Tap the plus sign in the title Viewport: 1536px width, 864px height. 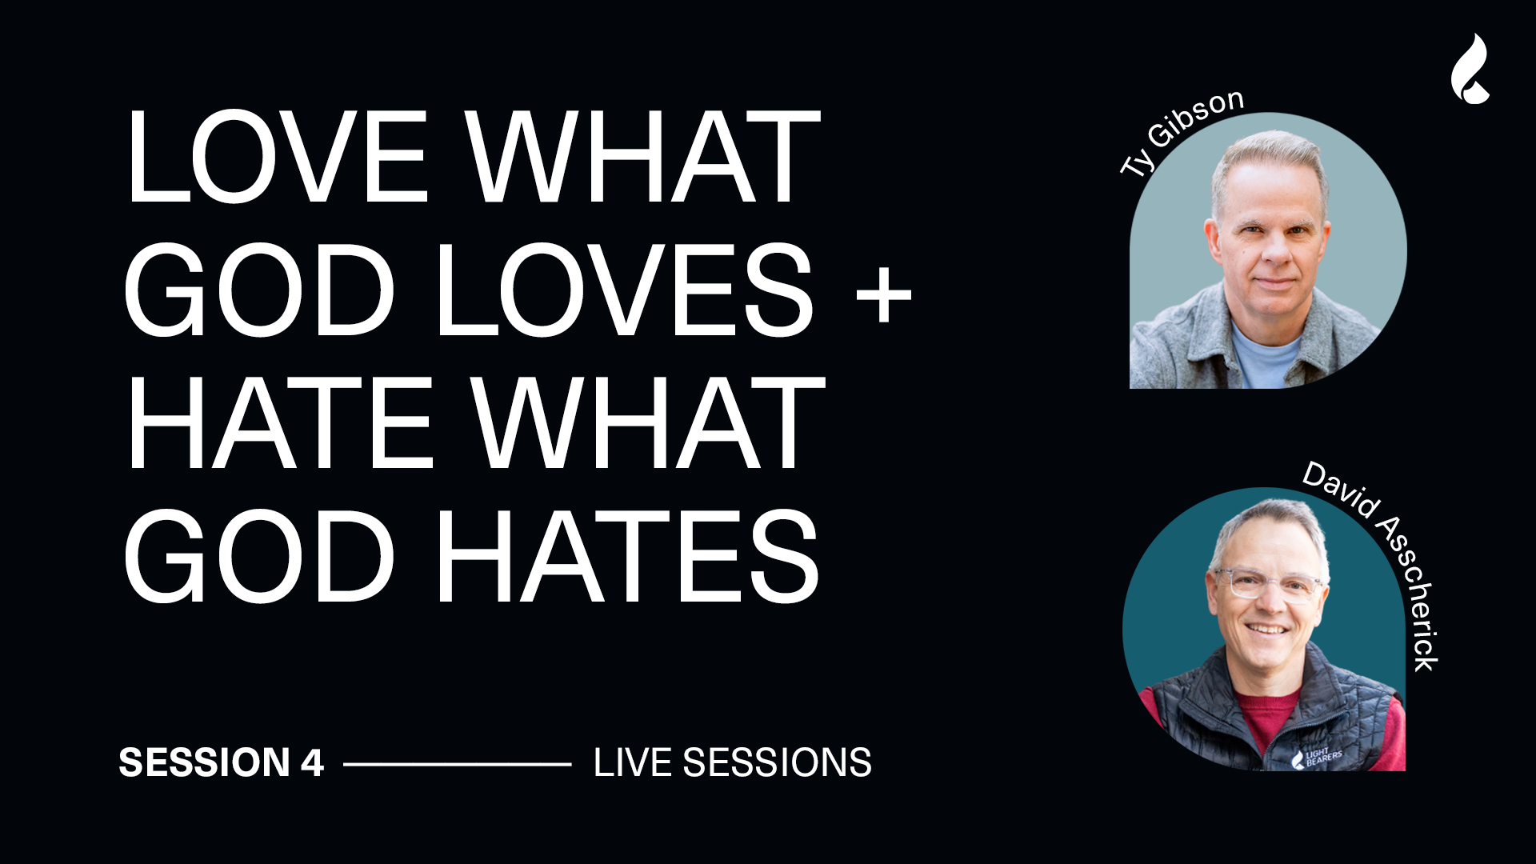pos(883,293)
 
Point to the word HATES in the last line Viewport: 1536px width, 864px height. pos(630,556)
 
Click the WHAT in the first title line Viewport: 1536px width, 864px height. pos(643,157)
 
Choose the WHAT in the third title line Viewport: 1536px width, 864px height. pos(647,422)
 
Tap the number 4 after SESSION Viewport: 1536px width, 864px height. pos(312,762)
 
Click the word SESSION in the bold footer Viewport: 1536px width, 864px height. pos(204,762)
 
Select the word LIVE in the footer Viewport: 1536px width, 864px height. pos(632,762)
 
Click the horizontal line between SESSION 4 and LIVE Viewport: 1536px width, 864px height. pos(457,764)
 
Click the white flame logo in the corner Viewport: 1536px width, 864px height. pos(1470,69)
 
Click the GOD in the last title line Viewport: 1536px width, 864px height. pos(259,556)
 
